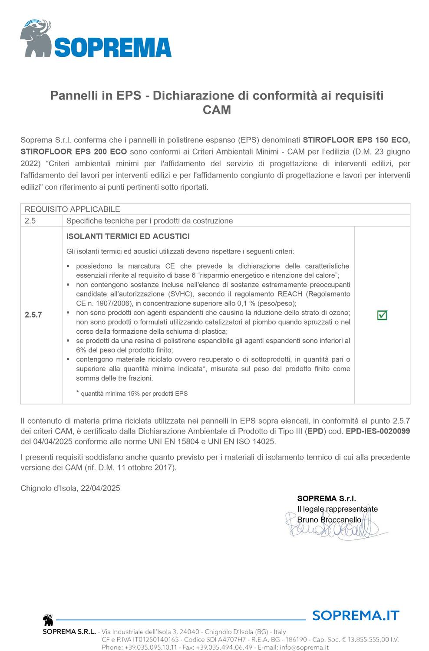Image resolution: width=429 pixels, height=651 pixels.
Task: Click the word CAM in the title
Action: pyautogui.click(x=217, y=110)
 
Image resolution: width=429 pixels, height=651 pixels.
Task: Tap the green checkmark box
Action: pyautogui.click(x=382, y=315)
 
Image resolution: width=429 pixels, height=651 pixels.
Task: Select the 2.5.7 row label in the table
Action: pyautogui.click(x=33, y=315)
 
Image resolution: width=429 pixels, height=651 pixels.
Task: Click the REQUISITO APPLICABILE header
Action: pyautogui.click(x=72, y=209)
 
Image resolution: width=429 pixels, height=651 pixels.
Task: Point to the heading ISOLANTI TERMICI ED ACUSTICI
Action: pyautogui.click(x=128, y=237)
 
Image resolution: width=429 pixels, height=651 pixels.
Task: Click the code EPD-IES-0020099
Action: pyautogui.click(x=378, y=431)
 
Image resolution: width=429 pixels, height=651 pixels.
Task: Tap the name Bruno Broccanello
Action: pyautogui.click(x=329, y=519)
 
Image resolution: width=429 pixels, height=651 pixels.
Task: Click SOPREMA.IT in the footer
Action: pyautogui.click(x=355, y=615)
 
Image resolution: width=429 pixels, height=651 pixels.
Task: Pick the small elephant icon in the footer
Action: pyautogui.click(x=48, y=620)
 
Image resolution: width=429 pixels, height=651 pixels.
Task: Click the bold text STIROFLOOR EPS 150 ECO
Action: pyautogui.click(x=356, y=140)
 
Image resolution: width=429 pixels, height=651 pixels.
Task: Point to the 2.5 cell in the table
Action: pyautogui.click(x=30, y=220)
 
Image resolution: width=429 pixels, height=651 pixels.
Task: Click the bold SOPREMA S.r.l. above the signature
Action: pyautogui.click(x=327, y=498)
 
